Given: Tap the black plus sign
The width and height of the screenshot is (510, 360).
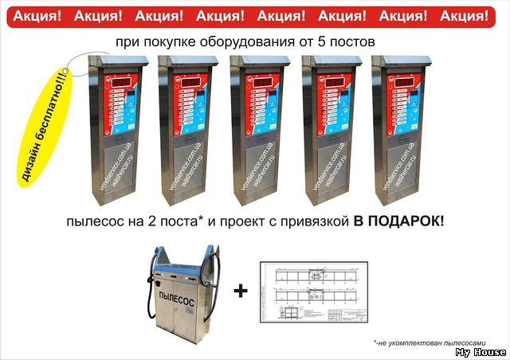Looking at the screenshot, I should (240, 292).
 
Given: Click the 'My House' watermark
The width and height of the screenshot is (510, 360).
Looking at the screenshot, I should (481, 352).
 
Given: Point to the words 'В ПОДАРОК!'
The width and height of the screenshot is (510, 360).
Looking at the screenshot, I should (398, 219).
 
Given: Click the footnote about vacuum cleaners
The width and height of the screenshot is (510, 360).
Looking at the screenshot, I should (418, 342).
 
